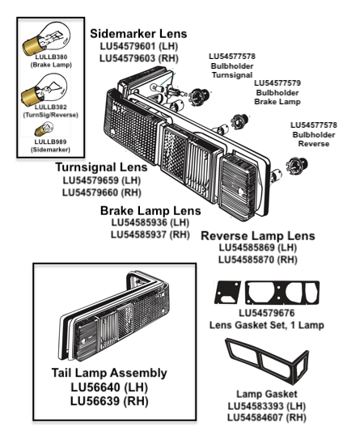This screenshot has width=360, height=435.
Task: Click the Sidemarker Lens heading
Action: (x=138, y=34)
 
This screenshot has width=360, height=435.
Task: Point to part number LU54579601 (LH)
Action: (x=138, y=47)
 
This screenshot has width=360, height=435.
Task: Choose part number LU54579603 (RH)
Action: (x=138, y=59)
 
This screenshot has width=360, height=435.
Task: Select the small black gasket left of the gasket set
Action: (x=226, y=292)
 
